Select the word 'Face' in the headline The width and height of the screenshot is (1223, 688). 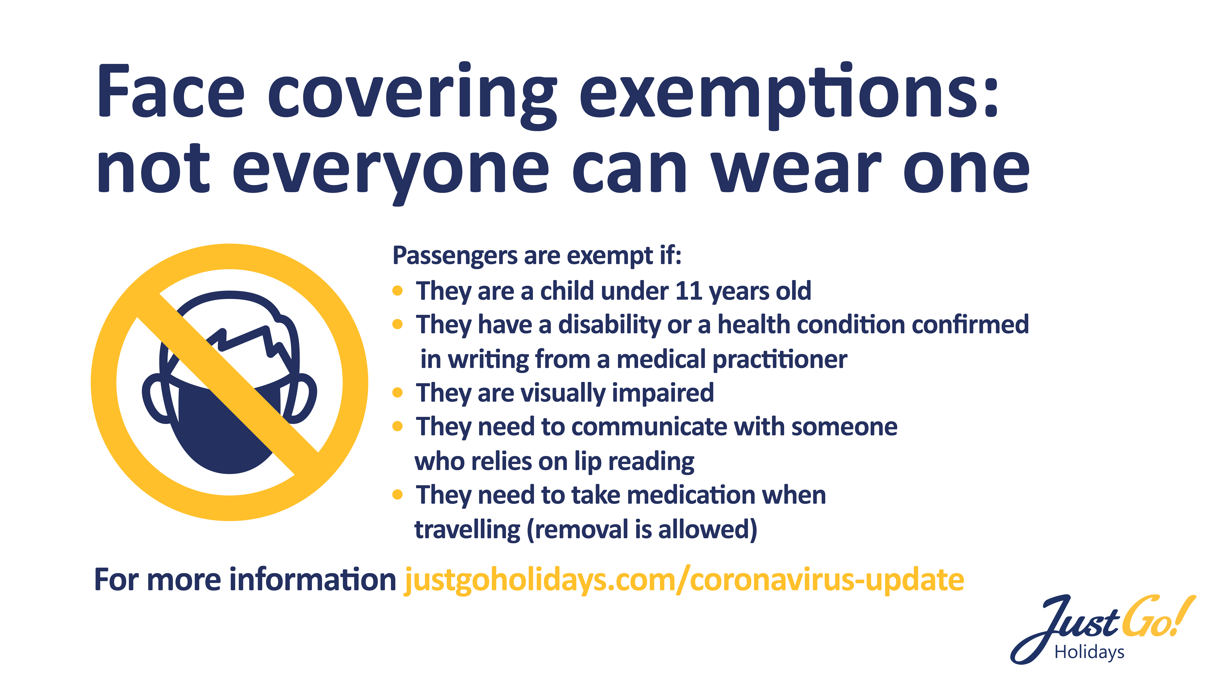[x=171, y=90]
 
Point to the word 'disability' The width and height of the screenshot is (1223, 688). [x=609, y=325]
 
